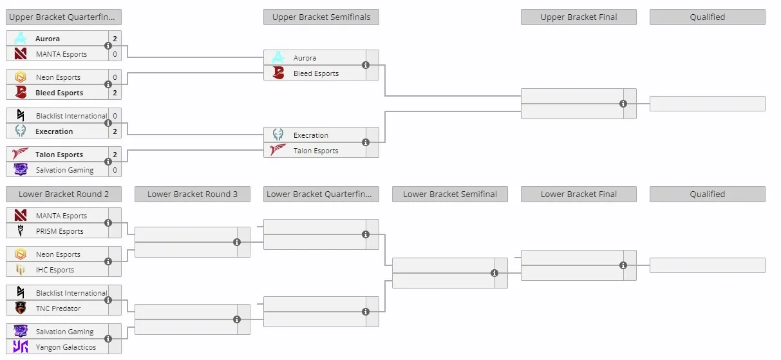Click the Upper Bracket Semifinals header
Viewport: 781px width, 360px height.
[x=321, y=17]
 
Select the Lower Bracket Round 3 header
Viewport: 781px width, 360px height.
[x=193, y=194]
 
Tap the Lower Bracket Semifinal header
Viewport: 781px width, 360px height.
[x=450, y=194]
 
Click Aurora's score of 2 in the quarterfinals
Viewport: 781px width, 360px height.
[x=115, y=39]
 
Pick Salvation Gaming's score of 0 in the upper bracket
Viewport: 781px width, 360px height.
[x=115, y=170]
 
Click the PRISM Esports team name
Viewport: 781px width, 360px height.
[x=60, y=231]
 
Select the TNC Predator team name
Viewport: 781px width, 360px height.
[x=58, y=308]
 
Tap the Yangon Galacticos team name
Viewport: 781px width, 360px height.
[x=66, y=347]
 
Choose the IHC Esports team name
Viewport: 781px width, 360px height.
[x=55, y=270]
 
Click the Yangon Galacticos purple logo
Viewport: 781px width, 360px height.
[x=21, y=346]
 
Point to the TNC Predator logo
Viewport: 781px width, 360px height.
[x=21, y=308]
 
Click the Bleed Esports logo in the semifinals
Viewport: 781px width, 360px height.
[x=278, y=73]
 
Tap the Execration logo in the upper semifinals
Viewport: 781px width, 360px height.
[x=278, y=135]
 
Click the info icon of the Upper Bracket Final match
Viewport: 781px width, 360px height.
[x=623, y=104]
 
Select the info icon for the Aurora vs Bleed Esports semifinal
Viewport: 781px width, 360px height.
[x=366, y=65]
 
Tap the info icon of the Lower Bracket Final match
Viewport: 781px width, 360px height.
[x=623, y=265]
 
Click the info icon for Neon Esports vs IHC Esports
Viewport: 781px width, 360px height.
[x=108, y=261]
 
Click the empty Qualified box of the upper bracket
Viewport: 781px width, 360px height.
[x=708, y=104]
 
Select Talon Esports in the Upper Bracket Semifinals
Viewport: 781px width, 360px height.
[x=316, y=151]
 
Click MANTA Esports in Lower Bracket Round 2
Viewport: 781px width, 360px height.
[x=61, y=216]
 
